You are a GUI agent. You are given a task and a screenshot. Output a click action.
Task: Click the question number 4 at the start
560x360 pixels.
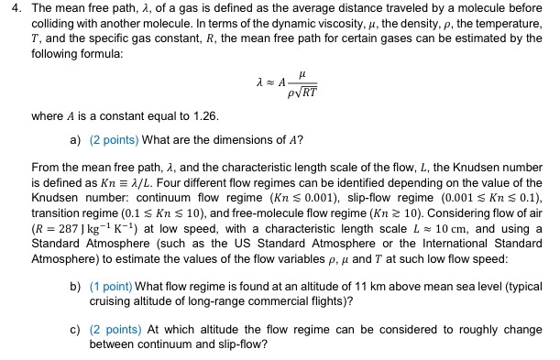click(x=10, y=9)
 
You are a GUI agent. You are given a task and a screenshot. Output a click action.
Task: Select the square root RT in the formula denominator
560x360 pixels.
click(x=307, y=92)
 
